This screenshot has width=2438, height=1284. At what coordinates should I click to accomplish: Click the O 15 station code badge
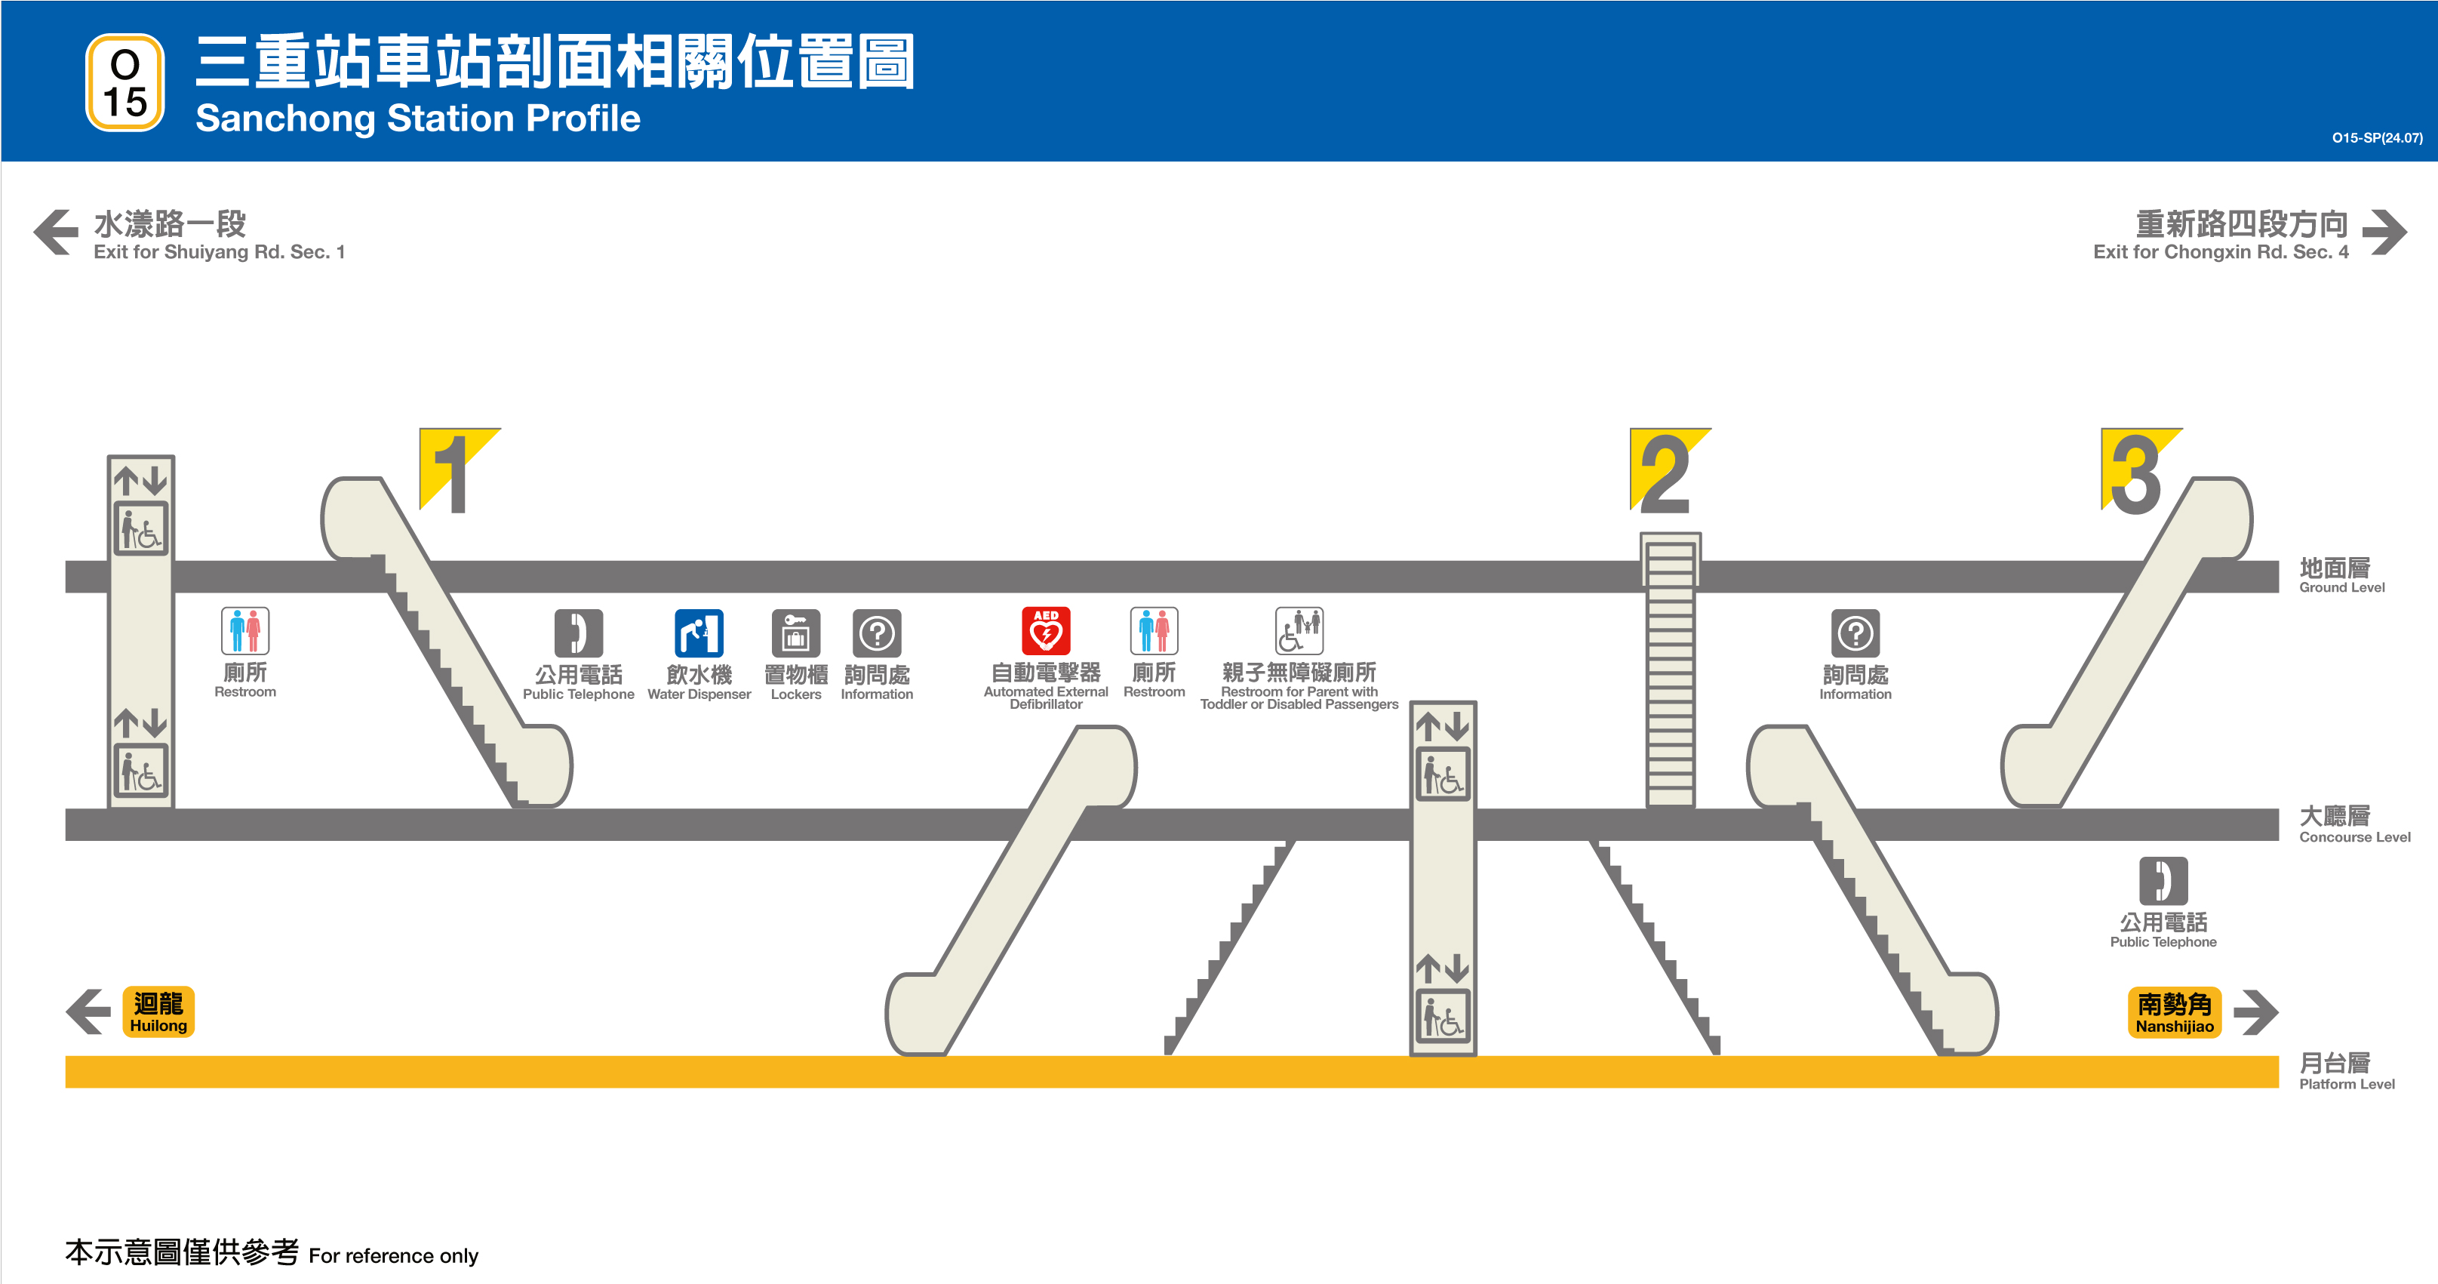click(125, 82)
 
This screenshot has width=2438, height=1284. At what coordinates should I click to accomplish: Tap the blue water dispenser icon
click(699, 633)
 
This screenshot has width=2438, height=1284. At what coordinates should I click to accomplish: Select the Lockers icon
click(796, 633)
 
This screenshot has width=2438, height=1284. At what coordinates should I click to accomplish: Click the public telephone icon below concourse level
click(2163, 882)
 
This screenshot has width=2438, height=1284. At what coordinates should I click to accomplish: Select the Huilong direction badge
click(158, 1011)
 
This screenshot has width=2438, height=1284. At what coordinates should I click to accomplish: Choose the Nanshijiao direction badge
click(2174, 1012)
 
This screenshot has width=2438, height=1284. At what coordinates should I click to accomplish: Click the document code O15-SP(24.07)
click(2376, 138)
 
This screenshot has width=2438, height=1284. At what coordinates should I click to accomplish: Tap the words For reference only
click(393, 1255)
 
